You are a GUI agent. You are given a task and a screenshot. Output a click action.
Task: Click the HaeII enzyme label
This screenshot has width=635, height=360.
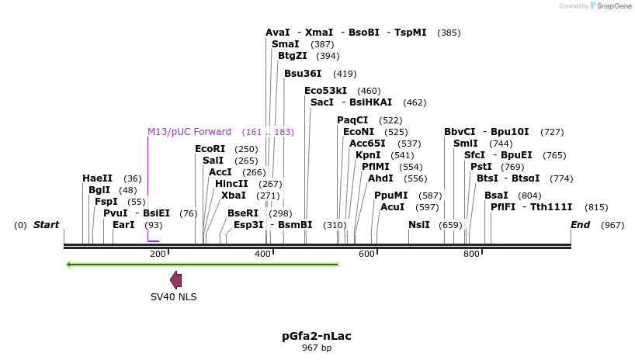pos(97,178)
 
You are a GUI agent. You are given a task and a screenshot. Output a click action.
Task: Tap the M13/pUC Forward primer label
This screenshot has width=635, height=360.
pos(189,132)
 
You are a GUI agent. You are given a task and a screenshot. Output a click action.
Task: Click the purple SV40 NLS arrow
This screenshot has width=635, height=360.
pos(176,280)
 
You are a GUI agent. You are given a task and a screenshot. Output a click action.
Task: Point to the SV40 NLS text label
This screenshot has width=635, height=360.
pos(174,296)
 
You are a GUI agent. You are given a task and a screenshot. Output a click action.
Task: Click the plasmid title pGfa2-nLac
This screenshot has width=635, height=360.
pos(317,336)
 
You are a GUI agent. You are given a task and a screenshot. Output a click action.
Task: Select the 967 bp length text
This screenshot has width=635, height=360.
pos(317,348)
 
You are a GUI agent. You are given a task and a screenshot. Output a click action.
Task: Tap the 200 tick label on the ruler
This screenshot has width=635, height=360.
pos(158,254)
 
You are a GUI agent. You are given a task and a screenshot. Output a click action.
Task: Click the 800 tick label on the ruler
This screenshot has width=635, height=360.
pos(471,254)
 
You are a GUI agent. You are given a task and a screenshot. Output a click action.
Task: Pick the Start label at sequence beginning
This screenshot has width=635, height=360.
pos(46,225)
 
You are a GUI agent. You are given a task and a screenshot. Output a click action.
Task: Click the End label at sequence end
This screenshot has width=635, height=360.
pos(580,225)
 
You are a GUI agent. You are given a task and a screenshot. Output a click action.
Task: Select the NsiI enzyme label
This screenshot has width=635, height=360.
pos(419,225)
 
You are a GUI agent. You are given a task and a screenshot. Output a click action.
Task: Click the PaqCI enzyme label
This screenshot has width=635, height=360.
pos(352,120)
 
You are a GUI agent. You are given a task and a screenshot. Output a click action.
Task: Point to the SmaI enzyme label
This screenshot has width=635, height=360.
pos(285,45)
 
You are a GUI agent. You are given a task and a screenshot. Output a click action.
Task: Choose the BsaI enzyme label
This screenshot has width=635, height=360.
pos(496,196)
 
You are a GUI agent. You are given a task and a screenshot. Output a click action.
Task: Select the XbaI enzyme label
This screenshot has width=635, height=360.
pos(234,196)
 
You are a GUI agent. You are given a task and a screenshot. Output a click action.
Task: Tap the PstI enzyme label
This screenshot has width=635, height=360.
pos(481,167)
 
